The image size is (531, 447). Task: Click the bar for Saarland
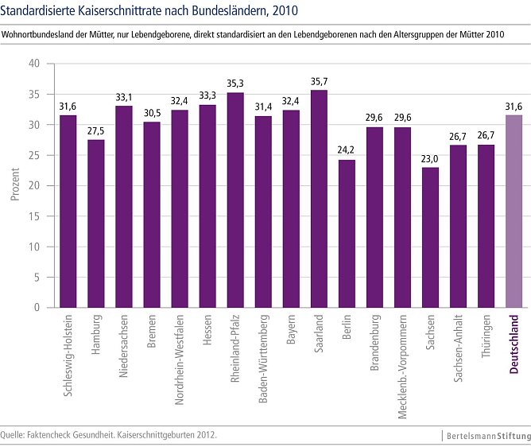[319, 199]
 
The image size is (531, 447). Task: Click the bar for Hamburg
[96, 223]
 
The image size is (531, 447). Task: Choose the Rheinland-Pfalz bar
[235, 200]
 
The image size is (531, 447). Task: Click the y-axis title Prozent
[15, 185]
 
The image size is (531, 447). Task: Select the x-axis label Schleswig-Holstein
[68, 353]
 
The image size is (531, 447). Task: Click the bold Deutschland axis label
[514, 343]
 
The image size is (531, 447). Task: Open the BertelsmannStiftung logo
[486, 436]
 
